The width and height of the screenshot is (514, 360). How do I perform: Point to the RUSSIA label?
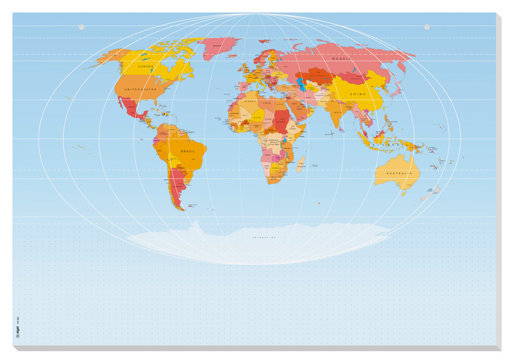[340, 59]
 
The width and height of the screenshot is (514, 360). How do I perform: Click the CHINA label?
[358, 94]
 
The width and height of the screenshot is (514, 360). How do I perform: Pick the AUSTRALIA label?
[396, 172]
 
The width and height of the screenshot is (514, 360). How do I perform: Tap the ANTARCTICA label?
[264, 237]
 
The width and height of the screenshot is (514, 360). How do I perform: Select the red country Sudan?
[282, 120]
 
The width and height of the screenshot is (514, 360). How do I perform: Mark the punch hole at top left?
[82, 27]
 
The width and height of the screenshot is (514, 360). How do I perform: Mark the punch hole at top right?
[427, 27]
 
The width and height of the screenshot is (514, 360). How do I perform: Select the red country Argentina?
[176, 186]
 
